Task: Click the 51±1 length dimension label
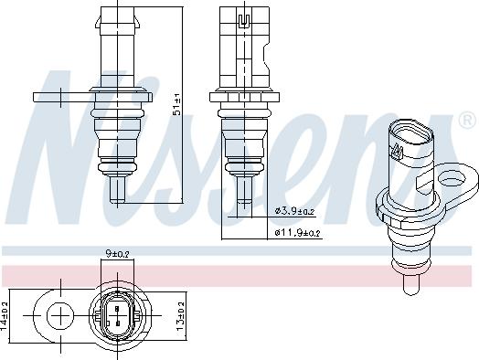[177, 105]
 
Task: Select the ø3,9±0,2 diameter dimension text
[294, 211]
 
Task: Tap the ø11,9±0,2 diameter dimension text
[297, 233]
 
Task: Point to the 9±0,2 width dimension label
[117, 253]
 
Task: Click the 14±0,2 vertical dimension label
[4, 316]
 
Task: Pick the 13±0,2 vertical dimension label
[181, 316]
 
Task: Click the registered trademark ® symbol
[467, 120]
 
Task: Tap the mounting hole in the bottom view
[60, 316]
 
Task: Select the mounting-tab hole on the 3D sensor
[453, 177]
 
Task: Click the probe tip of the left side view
[117, 190]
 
